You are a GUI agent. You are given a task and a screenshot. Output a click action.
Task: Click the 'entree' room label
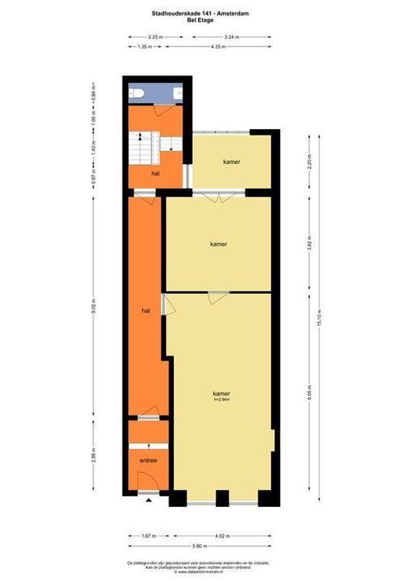click(148, 461)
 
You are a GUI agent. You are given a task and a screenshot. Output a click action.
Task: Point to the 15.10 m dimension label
click(321, 317)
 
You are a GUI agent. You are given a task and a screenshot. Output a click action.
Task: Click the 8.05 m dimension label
click(309, 395)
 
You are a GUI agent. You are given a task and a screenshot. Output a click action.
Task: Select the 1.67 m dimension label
click(148, 536)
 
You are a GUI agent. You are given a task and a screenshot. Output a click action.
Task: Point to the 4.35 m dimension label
click(217, 47)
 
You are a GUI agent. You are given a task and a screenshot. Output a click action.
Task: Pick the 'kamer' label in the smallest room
click(232, 162)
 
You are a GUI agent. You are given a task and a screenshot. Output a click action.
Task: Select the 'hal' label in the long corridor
click(145, 310)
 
